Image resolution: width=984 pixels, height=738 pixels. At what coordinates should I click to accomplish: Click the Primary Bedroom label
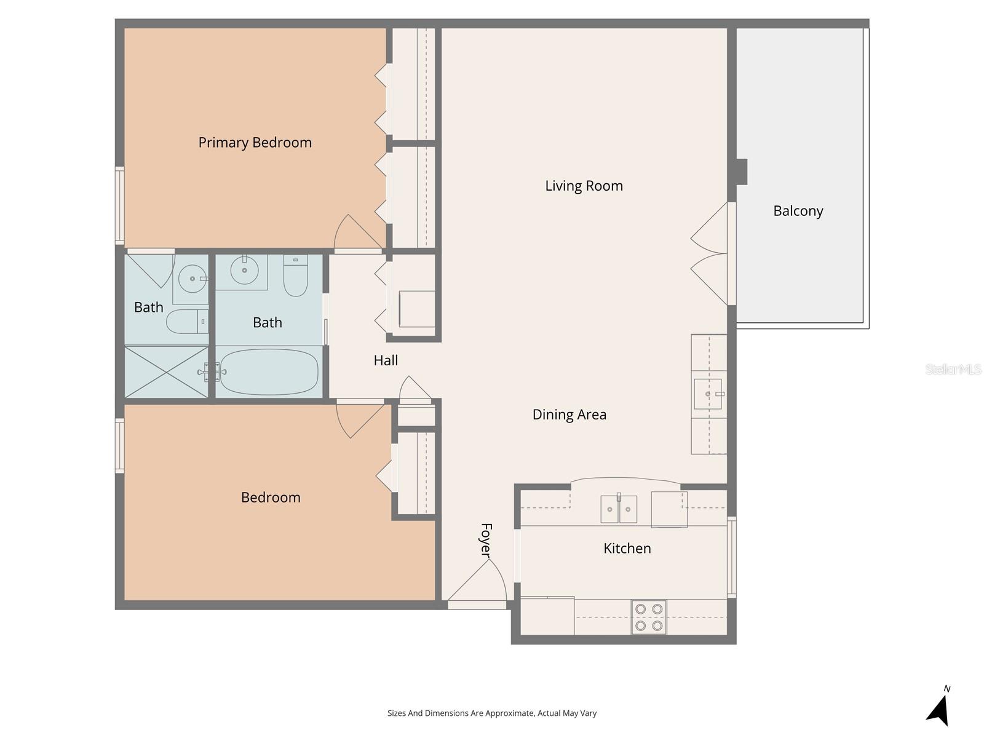tap(255, 143)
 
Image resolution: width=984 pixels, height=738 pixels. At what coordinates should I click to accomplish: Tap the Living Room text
tap(584, 186)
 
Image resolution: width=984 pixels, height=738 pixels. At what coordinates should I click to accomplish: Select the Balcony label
tap(798, 211)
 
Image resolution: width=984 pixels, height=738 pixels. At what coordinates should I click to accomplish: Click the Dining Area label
tap(569, 415)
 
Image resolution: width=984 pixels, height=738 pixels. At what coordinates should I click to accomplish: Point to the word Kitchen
tap(627, 548)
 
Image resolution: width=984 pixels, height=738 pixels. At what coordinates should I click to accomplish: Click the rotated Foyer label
tap(486, 540)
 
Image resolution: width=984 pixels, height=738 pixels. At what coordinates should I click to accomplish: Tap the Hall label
tap(386, 360)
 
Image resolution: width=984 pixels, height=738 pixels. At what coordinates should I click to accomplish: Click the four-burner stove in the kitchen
tap(649, 617)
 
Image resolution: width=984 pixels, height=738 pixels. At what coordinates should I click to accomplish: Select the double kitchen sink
tap(619, 509)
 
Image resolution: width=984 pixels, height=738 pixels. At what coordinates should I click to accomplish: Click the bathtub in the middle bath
tap(269, 372)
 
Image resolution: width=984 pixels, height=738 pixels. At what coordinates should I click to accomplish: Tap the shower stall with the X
tap(166, 372)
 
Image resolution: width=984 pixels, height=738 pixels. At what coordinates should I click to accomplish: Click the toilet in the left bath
tap(186, 321)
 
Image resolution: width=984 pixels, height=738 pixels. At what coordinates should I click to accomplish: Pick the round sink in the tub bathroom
tap(245, 270)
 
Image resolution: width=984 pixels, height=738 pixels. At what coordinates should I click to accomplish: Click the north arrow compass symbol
tap(938, 709)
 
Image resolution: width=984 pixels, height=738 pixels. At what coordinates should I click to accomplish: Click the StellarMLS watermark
tap(953, 369)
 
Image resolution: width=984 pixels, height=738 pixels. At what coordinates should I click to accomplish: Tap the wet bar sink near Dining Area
tap(708, 394)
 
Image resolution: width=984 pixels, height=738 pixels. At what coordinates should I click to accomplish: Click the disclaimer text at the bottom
tap(492, 713)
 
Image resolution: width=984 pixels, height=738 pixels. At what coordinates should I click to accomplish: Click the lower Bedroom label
tap(271, 498)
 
